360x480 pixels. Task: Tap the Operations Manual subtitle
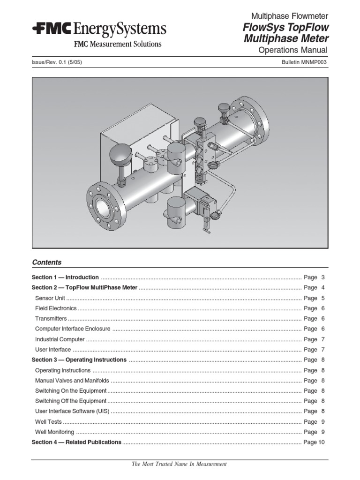293,51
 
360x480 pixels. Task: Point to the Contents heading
46,262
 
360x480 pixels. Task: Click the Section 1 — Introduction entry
65,277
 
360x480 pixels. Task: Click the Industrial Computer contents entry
60,339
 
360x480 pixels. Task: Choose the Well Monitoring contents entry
54,432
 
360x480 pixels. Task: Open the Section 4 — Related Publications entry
76,442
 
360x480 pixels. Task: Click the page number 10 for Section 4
321,442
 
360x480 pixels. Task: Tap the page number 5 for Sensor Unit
323,298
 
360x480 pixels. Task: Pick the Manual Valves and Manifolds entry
72,381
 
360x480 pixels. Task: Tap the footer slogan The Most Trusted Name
180,464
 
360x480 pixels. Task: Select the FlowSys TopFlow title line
286,28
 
